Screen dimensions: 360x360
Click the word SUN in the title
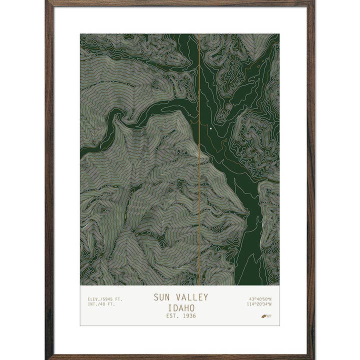pyautogui.click(x=161, y=297)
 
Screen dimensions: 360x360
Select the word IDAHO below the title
pyautogui.click(x=180, y=307)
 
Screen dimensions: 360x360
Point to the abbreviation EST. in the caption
pyautogui.click(x=172, y=316)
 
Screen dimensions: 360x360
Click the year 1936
pyautogui.click(x=188, y=316)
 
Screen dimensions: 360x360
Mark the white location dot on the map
pyautogui.click(x=211, y=129)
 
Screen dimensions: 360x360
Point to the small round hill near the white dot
pyautogui.click(x=228, y=106)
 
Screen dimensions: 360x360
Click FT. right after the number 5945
pyautogui.click(x=118, y=299)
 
